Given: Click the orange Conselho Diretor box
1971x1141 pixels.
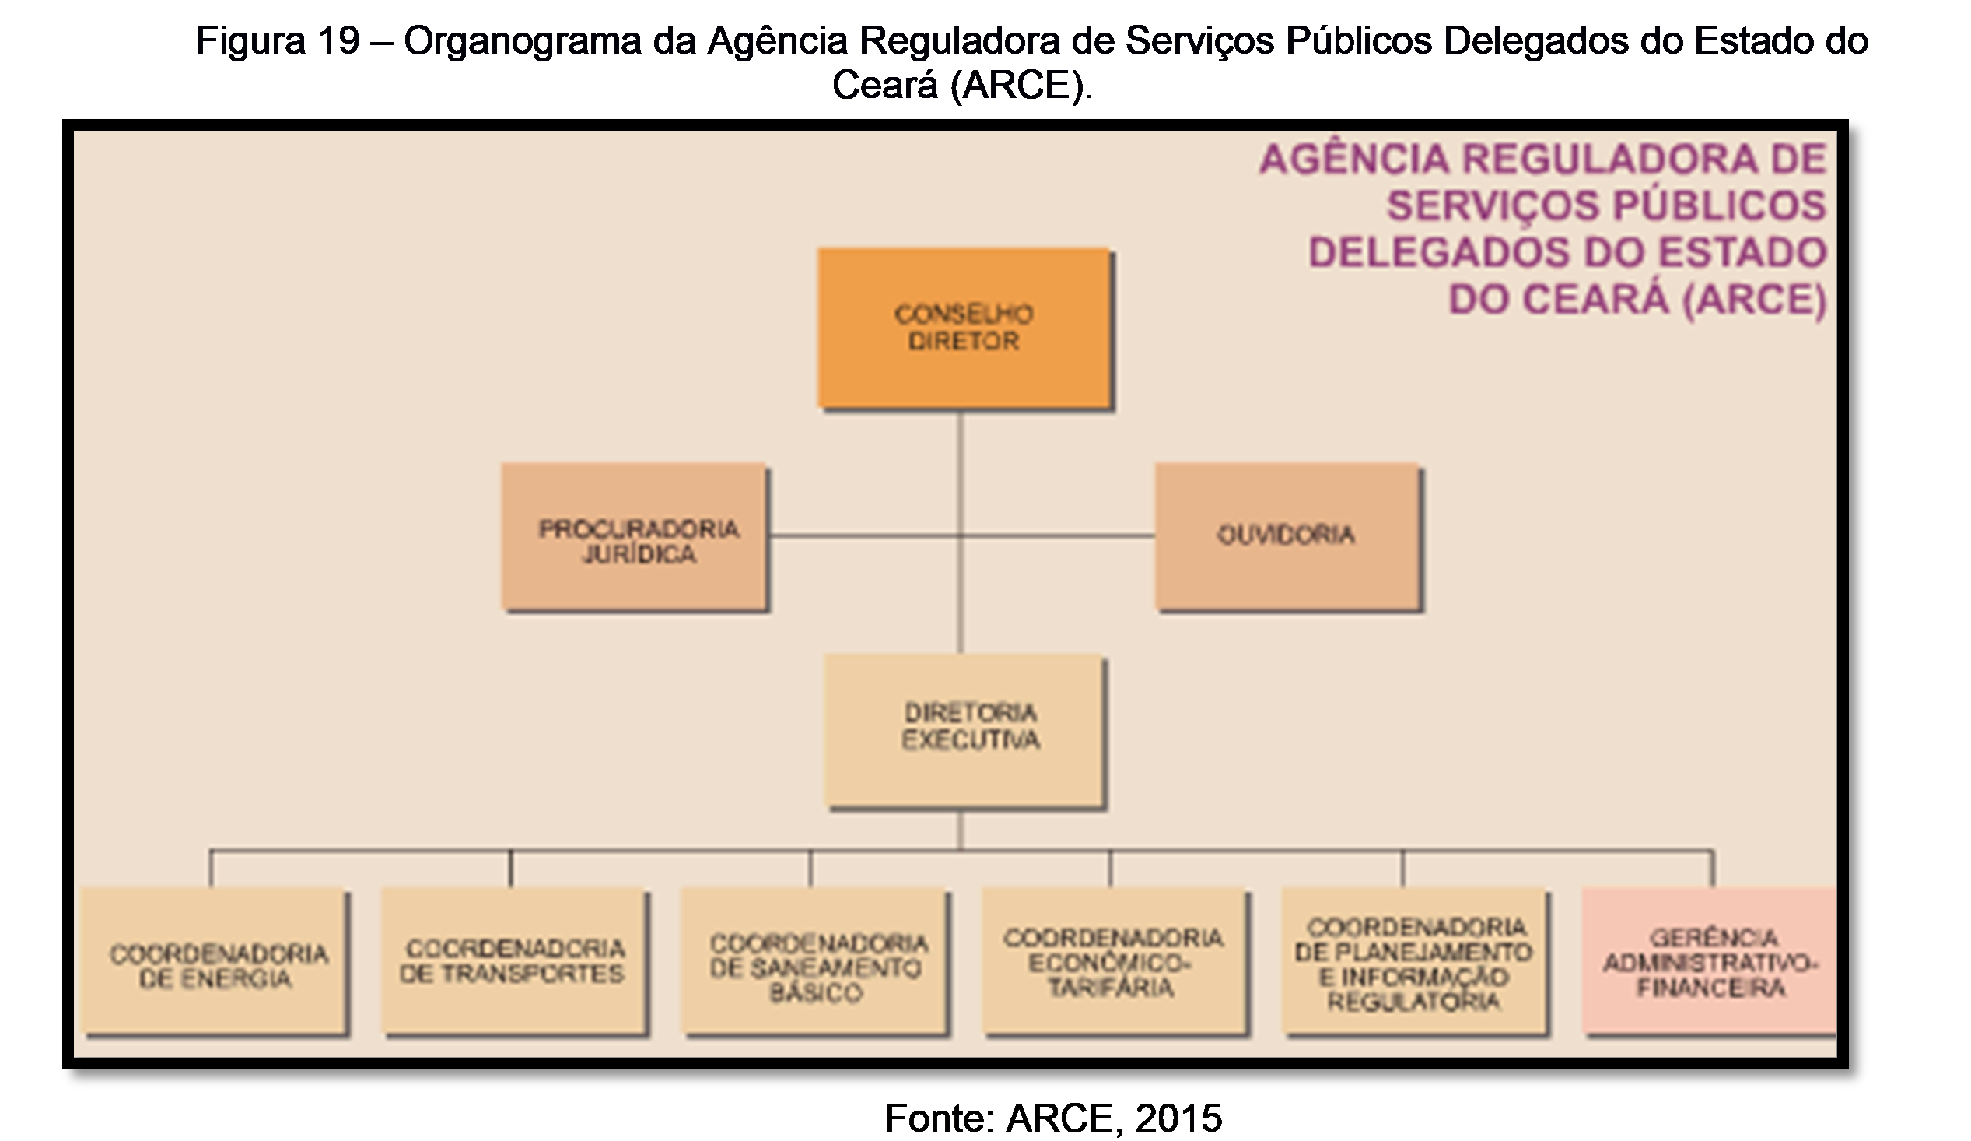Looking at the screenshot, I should click(964, 327).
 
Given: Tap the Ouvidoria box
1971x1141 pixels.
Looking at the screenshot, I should click(1287, 535).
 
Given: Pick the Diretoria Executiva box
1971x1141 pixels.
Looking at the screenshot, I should click(964, 730).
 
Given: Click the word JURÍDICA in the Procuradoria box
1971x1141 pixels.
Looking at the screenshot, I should click(639, 554).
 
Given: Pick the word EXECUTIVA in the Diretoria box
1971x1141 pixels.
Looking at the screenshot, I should click(971, 740).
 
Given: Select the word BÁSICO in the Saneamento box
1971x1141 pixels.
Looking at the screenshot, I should click(816, 993).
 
